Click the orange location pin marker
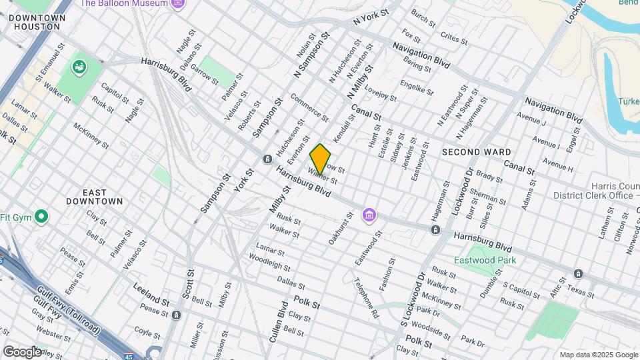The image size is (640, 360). click(x=320, y=159)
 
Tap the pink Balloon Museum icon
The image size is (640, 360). click(x=177, y=4)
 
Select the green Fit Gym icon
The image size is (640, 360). click(x=41, y=217)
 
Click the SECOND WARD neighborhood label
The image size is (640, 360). click(x=476, y=152)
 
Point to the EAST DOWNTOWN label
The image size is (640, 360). click(x=95, y=197)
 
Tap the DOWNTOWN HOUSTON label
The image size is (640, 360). click(x=39, y=21)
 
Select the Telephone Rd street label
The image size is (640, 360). click(x=366, y=297)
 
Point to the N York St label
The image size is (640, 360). click(x=371, y=16)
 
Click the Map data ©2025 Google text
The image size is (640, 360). click(x=598, y=355)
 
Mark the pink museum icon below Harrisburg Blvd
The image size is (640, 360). click(x=369, y=215)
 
